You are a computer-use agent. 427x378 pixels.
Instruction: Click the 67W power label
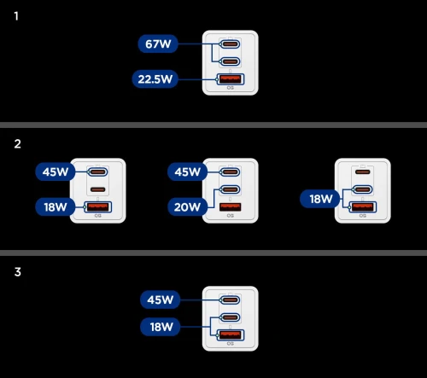[x=158, y=44]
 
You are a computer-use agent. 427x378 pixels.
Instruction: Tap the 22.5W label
[x=155, y=79]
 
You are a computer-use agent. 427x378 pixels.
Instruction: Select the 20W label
[x=188, y=206]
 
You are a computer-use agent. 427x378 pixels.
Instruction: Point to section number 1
[x=16, y=16]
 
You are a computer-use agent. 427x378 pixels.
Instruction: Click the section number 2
[x=17, y=144]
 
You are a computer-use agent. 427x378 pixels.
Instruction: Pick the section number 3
[x=18, y=272]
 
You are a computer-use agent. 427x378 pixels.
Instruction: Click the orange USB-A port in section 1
[x=231, y=79]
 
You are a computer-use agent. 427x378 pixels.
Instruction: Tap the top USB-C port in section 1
[x=230, y=44]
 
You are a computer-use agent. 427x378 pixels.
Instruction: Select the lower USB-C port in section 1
[x=230, y=61]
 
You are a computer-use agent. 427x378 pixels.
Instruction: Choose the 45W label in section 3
[x=161, y=299]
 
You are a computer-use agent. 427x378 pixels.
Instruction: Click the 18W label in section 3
[x=161, y=327]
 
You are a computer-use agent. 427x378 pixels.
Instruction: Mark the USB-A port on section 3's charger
[x=231, y=335]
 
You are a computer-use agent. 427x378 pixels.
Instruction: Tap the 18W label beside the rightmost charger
[x=320, y=199]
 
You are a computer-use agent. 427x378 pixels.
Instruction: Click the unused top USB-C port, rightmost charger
[x=363, y=172]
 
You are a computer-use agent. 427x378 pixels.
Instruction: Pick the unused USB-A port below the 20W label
[x=231, y=206]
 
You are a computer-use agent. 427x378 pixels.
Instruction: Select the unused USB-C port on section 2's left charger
[x=97, y=189]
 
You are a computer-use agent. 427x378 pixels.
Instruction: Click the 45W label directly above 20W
[x=188, y=172]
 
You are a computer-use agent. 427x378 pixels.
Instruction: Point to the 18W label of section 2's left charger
[x=56, y=206]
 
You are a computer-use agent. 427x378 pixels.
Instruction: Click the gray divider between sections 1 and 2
[x=213, y=125]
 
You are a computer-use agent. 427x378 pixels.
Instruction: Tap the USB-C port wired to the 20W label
[x=230, y=189]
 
